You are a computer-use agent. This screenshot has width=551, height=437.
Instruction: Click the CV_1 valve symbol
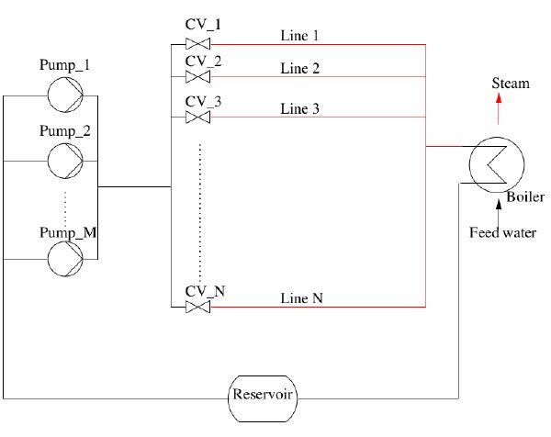point(197,44)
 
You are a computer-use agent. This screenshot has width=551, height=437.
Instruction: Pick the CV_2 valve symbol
point(197,77)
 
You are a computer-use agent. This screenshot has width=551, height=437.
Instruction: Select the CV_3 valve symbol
point(197,118)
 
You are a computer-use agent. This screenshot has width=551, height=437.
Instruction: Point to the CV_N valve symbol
point(197,307)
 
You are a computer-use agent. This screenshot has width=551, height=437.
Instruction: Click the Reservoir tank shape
point(263,398)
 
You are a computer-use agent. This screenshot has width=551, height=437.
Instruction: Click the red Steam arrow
point(499,111)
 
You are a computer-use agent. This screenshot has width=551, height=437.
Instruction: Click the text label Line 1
point(300,36)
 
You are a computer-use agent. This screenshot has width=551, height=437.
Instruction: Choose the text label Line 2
point(300,69)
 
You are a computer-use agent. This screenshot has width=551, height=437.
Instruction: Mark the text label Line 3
point(300,109)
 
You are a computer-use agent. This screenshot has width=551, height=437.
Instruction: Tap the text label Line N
point(301,298)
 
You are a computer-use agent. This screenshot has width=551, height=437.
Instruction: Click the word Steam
point(511,84)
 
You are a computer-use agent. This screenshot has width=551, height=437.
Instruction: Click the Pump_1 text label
point(63,66)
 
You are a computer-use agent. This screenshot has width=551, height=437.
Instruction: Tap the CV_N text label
point(205,291)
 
